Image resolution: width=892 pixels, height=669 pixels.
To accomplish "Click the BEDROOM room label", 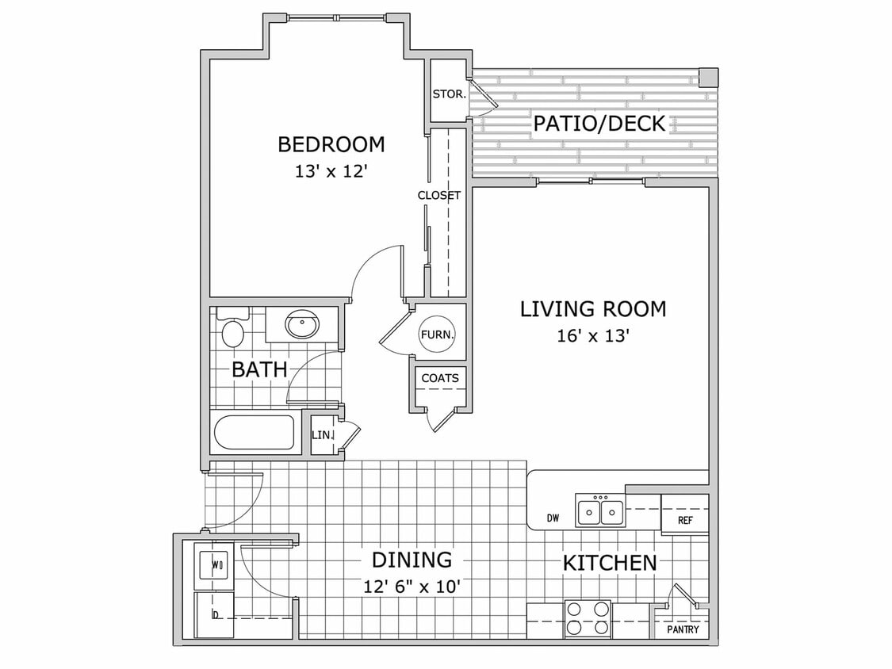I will point(331,144).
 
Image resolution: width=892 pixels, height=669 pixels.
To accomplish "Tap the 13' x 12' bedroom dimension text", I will point(331,171).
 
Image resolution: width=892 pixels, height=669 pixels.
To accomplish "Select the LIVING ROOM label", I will point(593,309).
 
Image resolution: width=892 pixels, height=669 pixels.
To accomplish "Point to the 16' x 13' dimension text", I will point(593,336).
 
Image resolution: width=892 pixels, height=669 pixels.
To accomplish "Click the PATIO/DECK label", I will point(599,124).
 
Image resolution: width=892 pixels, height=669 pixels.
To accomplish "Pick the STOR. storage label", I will point(449,94).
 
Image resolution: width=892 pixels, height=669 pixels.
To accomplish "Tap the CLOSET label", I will point(439,195).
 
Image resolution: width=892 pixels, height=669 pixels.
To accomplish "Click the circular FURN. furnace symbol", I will point(438,334).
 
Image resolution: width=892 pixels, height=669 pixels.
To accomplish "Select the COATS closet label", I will point(439,378).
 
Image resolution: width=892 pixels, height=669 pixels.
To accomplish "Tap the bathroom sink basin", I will point(302,325).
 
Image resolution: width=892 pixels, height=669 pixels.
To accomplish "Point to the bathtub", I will point(254,433).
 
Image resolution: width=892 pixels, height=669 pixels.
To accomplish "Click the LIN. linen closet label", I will point(322,435).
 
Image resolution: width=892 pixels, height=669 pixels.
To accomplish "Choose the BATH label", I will point(258,369).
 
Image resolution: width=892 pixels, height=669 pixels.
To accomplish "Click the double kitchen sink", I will point(599,511).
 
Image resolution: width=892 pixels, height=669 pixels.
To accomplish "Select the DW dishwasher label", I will point(553,519).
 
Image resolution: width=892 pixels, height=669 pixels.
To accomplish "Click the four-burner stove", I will point(588,618).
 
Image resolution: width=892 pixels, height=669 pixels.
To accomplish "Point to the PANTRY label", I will point(683,630).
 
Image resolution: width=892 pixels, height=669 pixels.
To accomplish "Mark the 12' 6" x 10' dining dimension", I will point(412,587).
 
